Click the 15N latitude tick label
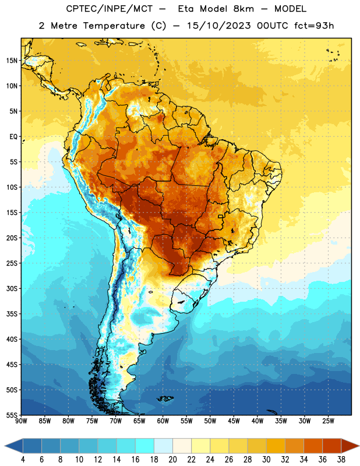(12, 61)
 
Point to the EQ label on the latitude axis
(13, 137)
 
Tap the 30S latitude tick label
(12, 288)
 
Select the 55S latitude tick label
(12, 415)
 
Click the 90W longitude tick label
(21, 421)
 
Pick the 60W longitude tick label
(163, 421)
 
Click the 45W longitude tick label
(234, 421)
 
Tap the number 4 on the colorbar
(23, 460)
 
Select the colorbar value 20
(172, 460)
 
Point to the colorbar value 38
(341, 460)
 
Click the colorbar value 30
(266, 460)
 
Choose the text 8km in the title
(243, 9)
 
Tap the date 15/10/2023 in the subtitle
(218, 26)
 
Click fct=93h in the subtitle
(314, 26)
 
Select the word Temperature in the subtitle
(114, 26)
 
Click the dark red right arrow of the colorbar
(350, 446)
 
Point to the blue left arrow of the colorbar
(14, 446)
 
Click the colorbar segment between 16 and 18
(145, 446)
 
